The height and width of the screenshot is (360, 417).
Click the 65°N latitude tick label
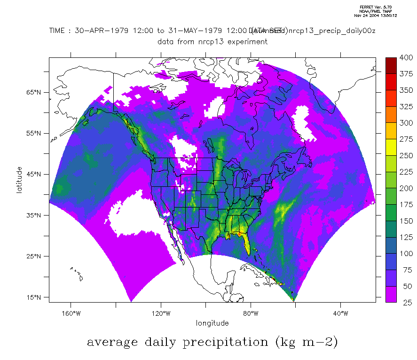[x=34, y=92]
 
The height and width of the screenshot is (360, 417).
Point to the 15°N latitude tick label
[x=34, y=297]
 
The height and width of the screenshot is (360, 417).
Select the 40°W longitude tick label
[x=340, y=313]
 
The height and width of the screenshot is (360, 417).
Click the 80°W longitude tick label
[x=251, y=313]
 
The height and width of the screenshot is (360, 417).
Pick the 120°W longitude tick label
[x=160, y=313]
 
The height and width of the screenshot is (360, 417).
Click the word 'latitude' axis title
[x=19, y=180]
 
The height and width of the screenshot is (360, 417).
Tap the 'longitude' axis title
[x=212, y=323]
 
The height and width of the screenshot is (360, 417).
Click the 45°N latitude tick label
[x=34, y=174]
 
